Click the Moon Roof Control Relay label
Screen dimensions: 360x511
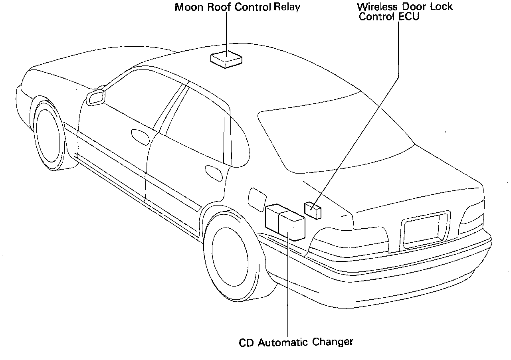[237, 7]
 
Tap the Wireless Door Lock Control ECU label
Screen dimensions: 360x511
[404, 12]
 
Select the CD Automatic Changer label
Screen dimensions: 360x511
[296, 342]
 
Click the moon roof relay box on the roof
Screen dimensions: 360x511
[226, 59]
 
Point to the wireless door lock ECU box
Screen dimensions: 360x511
[313, 210]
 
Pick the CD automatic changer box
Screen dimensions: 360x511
[285, 222]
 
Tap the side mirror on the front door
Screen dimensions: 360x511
[96, 97]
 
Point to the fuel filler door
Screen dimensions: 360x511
[257, 197]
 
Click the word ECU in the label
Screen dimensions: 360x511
[409, 17]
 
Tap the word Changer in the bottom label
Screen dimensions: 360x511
[333, 342]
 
